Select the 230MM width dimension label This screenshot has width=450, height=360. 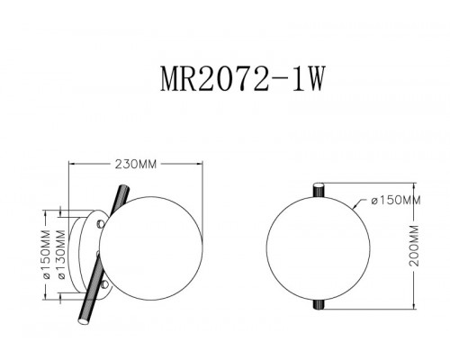pyautogui.click(x=135, y=165)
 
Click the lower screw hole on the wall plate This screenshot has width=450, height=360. pyautogui.click(x=106, y=287)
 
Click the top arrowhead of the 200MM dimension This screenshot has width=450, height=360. pyautogui.click(x=414, y=184)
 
